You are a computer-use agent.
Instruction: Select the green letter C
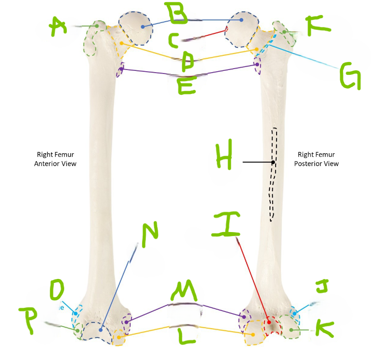tap(174, 40)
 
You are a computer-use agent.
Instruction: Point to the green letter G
tap(350, 76)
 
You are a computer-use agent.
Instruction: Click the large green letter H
tap(224, 154)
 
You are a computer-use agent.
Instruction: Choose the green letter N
tap(150, 234)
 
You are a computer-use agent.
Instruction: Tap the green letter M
tap(184, 290)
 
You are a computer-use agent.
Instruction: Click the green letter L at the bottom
tap(187, 337)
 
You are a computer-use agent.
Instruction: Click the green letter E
tap(187, 85)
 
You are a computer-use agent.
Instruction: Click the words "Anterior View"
tap(55, 164)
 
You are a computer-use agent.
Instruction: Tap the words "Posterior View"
tap(316, 164)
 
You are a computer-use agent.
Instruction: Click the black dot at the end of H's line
tap(273, 162)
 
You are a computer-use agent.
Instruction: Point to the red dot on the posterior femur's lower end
tap(269, 322)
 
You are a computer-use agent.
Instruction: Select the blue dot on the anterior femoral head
tap(143, 27)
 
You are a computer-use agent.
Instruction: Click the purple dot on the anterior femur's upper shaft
tap(121, 69)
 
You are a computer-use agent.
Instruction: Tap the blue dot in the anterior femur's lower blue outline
tap(101, 330)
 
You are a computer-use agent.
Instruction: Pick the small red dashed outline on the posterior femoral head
tap(226, 29)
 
